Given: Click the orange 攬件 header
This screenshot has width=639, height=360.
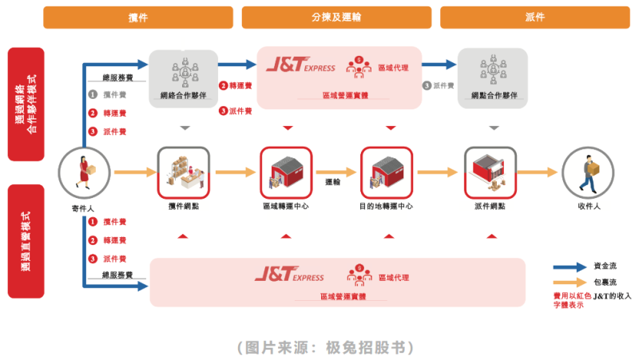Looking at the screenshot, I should (138, 17).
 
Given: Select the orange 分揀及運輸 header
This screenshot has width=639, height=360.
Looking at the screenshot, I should (336, 17).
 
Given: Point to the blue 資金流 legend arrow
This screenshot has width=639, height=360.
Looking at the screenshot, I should (570, 266).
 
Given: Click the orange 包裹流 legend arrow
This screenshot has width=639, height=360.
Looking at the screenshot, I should (570, 283).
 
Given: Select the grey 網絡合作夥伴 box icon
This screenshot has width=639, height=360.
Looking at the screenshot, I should (185, 71).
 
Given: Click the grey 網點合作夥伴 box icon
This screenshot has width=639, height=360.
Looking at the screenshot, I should (492, 71).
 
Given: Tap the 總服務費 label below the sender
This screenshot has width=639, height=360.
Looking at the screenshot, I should (117, 275).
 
